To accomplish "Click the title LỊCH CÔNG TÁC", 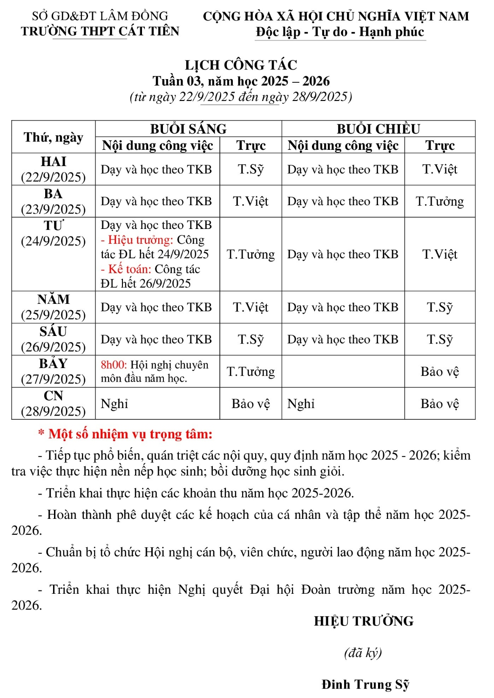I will point(241,65).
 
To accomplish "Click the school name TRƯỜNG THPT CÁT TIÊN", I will point(100,31).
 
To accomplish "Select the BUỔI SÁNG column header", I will point(188,128).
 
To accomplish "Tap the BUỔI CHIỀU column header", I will point(378,128).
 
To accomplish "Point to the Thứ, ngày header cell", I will point(53,137).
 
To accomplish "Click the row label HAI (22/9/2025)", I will point(53,169).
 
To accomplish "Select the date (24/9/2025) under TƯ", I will point(53,241).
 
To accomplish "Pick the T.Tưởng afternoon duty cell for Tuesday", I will point(440,201).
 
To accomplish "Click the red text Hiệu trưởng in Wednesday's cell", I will point(140,240).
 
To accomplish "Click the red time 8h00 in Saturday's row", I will point(114,365).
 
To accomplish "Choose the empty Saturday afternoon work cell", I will point(343,371).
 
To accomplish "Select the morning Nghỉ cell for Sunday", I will point(115,403).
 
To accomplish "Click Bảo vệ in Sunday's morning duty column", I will point(250,403).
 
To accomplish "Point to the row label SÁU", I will point(53,331).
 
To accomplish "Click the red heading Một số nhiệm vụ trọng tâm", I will point(130,434).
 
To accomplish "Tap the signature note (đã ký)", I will point(363,652).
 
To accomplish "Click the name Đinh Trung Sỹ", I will point(365,684).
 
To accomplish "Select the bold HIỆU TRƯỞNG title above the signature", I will point(364,621).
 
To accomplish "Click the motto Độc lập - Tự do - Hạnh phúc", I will point(340,32).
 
